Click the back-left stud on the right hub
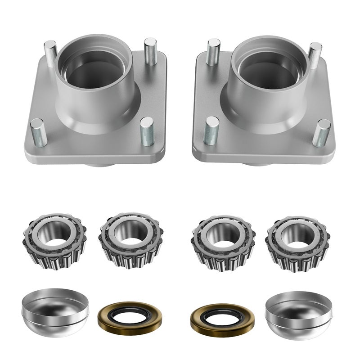point(213,50)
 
